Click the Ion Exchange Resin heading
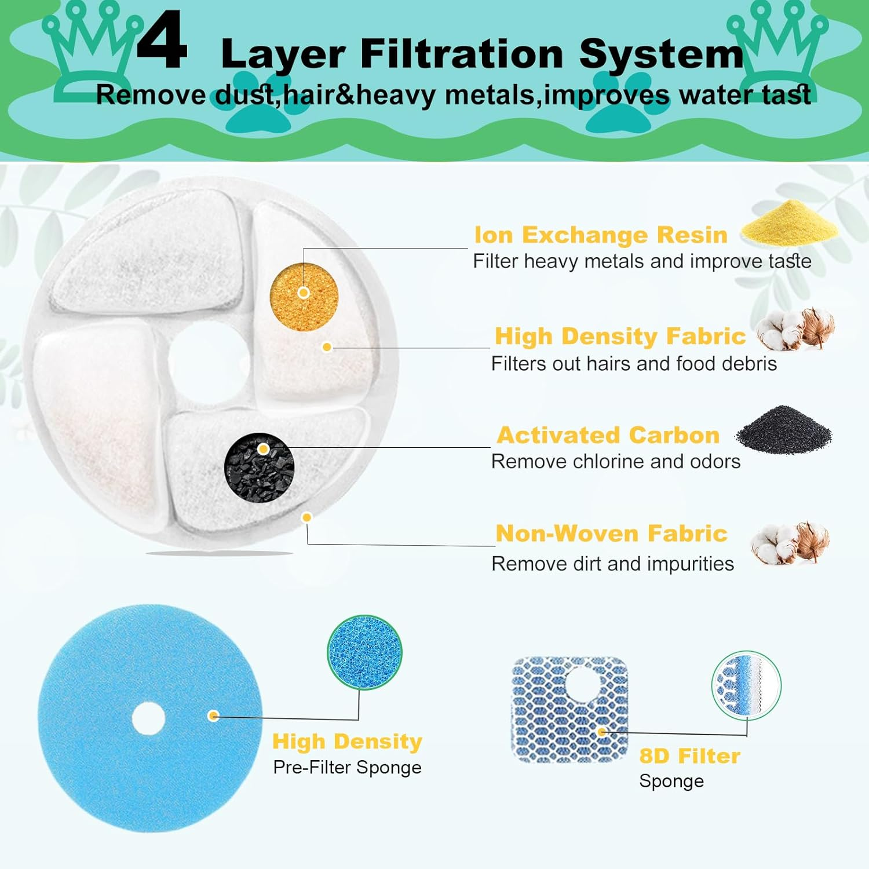(x=601, y=235)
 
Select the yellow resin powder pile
(x=789, y=223)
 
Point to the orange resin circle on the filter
(x=304, y=297)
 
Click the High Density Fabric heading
(x=620, y=337)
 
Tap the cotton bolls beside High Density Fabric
(x=795, y=329)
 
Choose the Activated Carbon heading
(x=608, y=435)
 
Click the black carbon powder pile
(x=783, y=430)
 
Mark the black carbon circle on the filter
(x=259, y=467)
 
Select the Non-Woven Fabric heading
(x=611, y=534)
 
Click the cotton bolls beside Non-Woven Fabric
(x=791, y=542)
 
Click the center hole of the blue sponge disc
(x=149, y=719)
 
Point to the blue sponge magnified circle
(x=364, y=652)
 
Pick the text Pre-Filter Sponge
(x=347, y=768)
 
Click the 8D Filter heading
(x=689, y=756)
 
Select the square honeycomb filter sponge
(x=570, y=710)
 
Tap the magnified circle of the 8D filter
(x=746, y=685)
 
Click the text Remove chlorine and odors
(x=616, y=462)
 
